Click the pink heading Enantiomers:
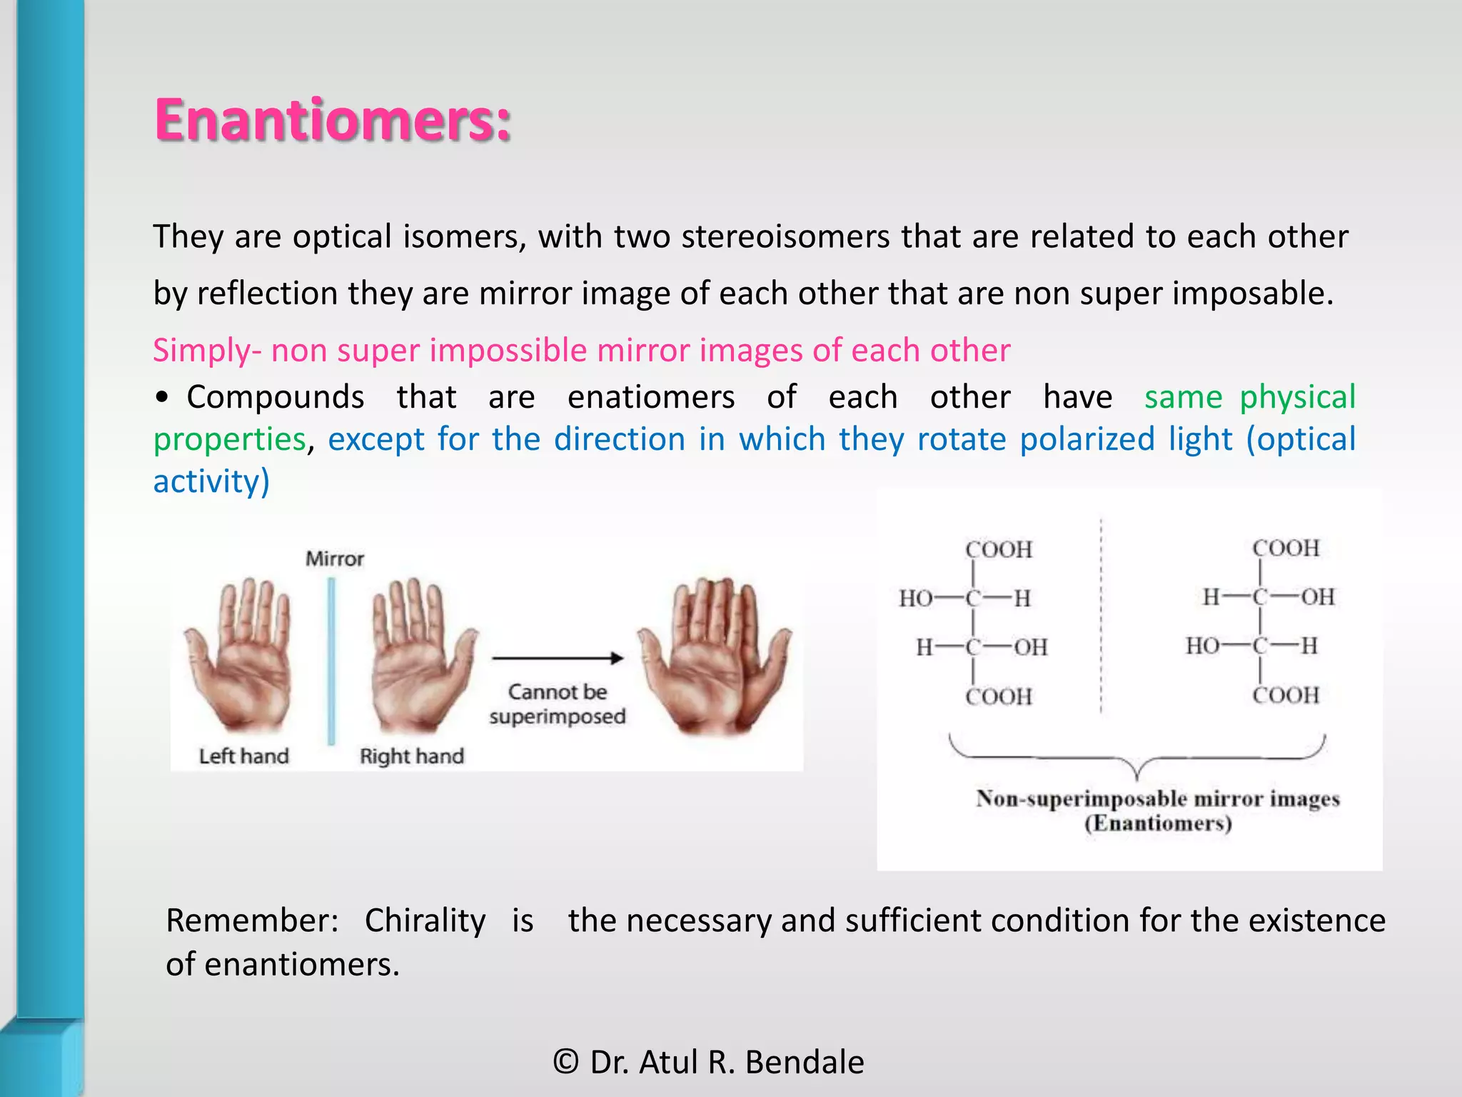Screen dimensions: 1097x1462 [333, 119]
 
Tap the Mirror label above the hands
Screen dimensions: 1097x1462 [334, 558]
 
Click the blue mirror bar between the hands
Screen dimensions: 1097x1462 [331, 661]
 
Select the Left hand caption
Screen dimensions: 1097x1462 [243, 756]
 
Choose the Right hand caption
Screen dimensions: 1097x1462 [411, 756]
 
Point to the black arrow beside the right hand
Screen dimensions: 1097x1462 [557, 658]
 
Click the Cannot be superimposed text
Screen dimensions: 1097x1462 [557, 703]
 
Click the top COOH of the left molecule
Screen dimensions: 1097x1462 [998, 549]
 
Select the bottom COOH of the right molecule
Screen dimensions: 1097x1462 [1285, 695]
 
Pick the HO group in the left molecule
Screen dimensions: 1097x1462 [915, 598]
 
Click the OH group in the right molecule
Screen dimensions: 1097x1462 [1317, 596]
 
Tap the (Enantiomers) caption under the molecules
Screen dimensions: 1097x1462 [1158, 823]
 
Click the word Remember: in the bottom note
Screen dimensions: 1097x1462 [252, 920]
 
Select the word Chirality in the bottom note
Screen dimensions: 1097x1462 [425, 920]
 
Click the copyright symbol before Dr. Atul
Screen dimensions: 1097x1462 [565, 1062]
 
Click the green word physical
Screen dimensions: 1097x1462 [1297, 397]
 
